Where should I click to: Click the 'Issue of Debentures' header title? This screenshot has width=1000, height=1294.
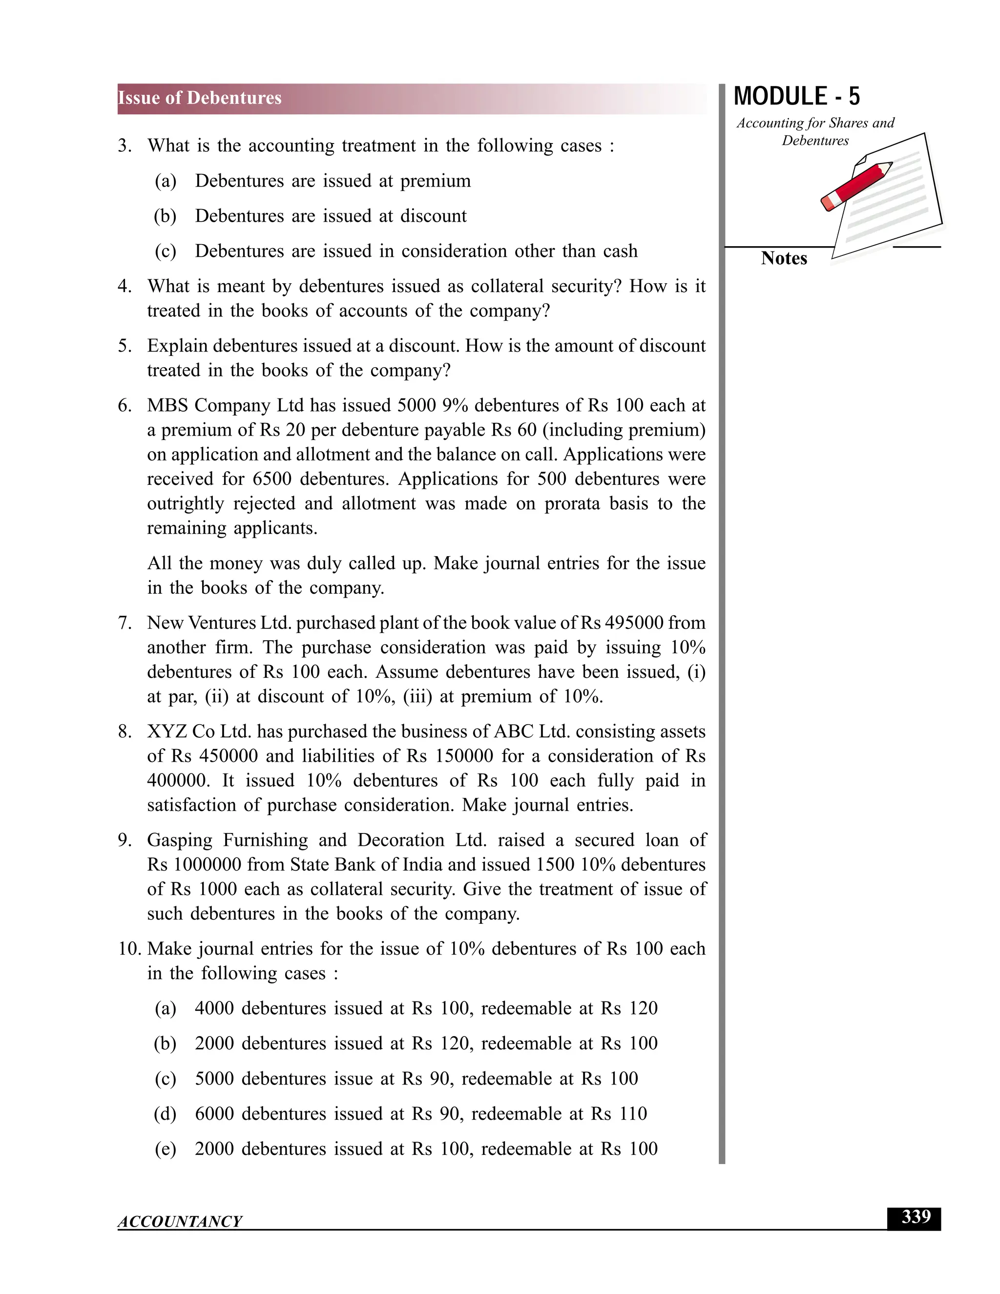(x=200, y=98)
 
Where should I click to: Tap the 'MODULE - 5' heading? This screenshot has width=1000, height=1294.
(x=796, y=97)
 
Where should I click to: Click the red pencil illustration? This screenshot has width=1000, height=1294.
(x=856, y=186)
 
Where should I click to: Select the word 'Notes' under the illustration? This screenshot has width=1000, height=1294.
(x=784, y=258)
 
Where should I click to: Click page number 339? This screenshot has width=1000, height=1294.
(x=916, y=1217)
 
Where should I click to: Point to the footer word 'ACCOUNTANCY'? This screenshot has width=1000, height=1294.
(x=180, y=1222)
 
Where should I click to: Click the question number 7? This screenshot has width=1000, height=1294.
(x=124, y=623)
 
